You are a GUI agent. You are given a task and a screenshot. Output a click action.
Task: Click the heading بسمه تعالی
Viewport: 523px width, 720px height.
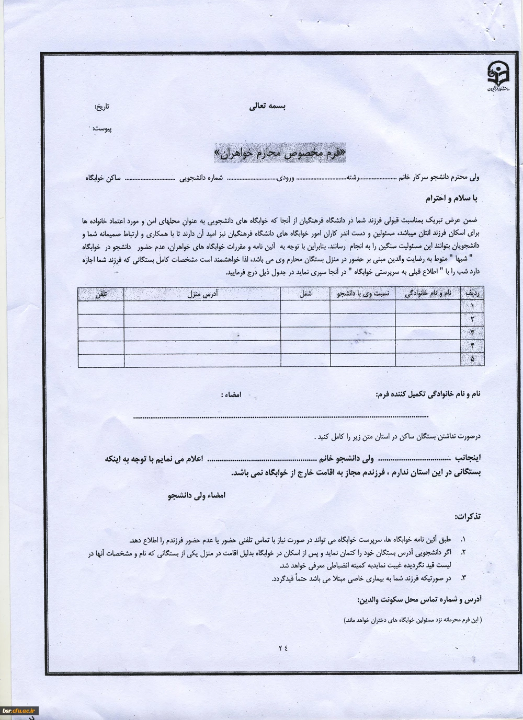pyautogui.click(x=267, y=107)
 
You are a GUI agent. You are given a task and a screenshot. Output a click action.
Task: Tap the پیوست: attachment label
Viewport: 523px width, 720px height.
pyautogui.click(x=102, y=129)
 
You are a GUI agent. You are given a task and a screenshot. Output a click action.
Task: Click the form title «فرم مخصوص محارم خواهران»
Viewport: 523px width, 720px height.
pyautogui.click(x=280, y=153)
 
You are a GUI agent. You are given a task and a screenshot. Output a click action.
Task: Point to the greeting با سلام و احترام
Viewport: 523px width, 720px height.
pyautogui.click(x=451, y=199)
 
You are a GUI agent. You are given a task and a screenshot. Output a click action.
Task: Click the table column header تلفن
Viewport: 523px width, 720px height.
pyautogui.click(x=101, y=294)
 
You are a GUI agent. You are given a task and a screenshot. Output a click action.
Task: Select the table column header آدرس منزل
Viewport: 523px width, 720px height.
pyautogui.click(x=202, y=294)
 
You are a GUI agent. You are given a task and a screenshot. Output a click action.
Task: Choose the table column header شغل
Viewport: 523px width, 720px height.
pyautogui.click(x=305, y=294)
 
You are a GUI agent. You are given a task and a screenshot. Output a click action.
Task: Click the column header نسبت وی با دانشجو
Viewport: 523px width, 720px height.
pyautogui.click(x=362, y=294)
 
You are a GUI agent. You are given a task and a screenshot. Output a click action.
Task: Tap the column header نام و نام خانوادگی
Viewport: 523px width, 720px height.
pyautogui.click(x=427, y=294)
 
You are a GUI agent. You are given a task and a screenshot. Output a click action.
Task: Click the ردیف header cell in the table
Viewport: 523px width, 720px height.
pyautogui.click(x=472, y=294)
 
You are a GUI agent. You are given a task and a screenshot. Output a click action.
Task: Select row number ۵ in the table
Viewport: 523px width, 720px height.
pyautogui.click(x=472, y=360)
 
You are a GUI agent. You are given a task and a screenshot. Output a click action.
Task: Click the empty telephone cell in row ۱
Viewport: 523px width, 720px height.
pyautogui.click(x=101, y=307)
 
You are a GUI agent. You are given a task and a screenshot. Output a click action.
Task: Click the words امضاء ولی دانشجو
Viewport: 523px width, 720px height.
pyautogui.click(x=196, y=494)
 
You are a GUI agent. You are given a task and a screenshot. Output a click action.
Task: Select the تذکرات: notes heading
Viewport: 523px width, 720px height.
pyautogui.click(x=468, y=517)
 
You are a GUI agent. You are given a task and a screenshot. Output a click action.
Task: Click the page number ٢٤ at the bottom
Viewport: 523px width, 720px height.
pyautogui.click(x=283, y=648)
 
